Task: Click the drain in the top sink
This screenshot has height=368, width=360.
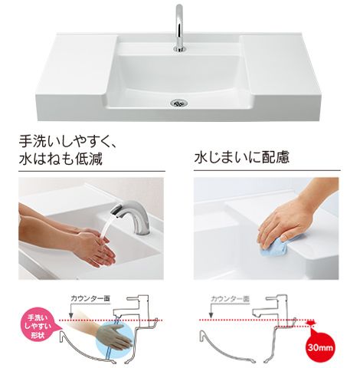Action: tap(179, 103)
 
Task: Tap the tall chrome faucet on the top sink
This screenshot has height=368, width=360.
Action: tap(180, 28)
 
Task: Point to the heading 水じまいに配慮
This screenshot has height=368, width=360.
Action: tap(242, 157)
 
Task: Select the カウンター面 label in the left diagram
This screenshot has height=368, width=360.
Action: tap(90, 298)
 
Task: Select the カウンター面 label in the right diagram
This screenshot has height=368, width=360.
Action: tap(231, 298)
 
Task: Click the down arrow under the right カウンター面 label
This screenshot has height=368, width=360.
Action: tap(211, 310)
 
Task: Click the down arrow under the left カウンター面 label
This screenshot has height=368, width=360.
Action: tap(71, 310)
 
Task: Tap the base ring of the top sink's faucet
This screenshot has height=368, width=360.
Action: tap(180, 49)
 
